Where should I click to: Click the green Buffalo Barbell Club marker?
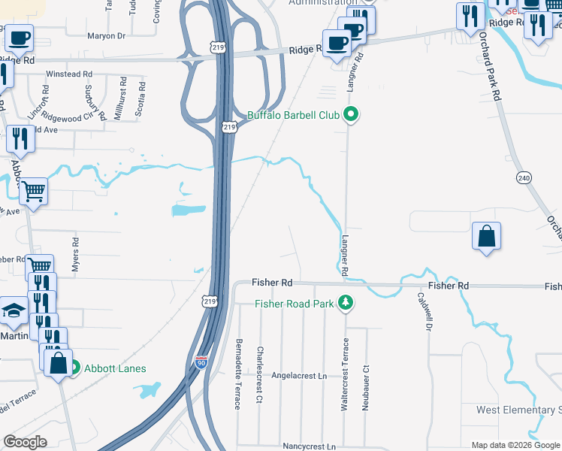click(350, 115)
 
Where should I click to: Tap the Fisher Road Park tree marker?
click(346, 303)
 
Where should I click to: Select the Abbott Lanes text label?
click(115, 368)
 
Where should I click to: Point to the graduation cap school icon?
click(14, 310)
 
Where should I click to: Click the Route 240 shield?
click(524, 177)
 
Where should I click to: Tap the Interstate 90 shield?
click(200, 362)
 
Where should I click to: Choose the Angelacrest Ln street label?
click(301, 375)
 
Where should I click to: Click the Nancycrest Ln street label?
click(309, 446)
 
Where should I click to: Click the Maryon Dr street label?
click(106, 35)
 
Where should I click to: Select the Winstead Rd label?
click(69, 74)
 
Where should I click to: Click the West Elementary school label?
click(518, 410)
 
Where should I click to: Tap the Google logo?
click(25, 442)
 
